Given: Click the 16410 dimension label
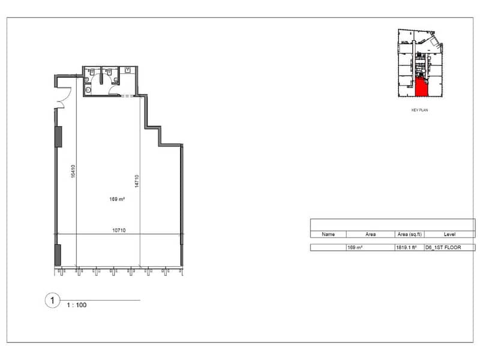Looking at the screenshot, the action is coord(73,171).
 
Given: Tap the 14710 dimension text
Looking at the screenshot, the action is coord(137,181).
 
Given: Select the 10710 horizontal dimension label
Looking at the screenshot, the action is coord(119,230).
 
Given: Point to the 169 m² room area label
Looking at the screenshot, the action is coord(117,199).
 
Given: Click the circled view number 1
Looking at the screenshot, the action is coord(52,301).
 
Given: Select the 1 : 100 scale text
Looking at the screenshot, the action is coord(77,305).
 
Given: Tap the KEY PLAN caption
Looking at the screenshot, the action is coord(419,110).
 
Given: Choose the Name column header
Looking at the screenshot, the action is coord(328,234).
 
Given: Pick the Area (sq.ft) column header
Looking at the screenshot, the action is coord(410,234).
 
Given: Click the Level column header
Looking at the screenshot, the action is coord(449,234).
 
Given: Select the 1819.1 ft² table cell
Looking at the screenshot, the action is coord(406,247).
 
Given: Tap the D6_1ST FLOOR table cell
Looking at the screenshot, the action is coord(443,247).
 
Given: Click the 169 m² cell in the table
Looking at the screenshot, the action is coord(355,247).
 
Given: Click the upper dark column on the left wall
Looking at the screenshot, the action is coord(58,137).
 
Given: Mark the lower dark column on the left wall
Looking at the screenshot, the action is coord(58,254).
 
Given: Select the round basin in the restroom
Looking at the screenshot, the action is coord(88,90).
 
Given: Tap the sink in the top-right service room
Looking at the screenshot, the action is coord(128,70).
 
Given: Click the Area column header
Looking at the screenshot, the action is coord(370,234).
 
